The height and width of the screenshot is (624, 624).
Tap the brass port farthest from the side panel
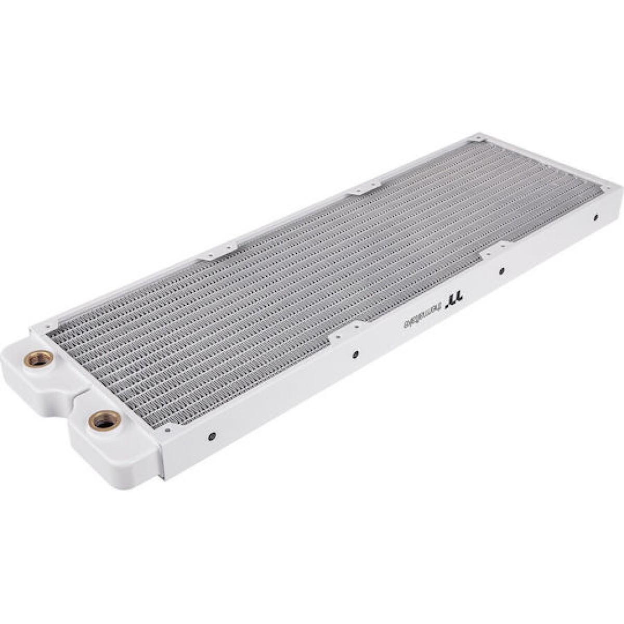[x=40, y=358]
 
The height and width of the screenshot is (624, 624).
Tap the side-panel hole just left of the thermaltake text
[x=355, y=356]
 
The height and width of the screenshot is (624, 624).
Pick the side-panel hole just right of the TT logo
[x=502, y=270]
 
